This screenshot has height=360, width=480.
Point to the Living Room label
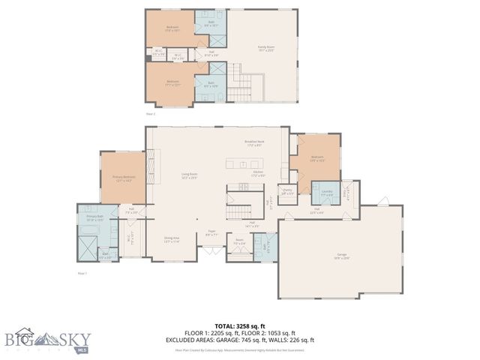tap(189, 175)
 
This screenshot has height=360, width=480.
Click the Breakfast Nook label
tap(253, 142)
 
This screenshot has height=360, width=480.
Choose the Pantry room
tap(286, 192)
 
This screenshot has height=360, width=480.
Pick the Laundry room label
tap(326, 193)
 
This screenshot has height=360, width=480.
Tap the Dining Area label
tap(172, 239)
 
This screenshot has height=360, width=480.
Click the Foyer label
tap(211, 234)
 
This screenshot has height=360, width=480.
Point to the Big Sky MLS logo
tap(45, 339)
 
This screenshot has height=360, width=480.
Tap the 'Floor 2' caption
tap(150, 114)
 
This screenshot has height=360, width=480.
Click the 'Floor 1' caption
tap(82, 274)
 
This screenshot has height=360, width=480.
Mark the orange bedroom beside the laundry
tap(317, 158)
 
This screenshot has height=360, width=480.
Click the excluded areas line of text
tap(239, 340)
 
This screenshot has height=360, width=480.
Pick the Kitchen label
tap(258, 173)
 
